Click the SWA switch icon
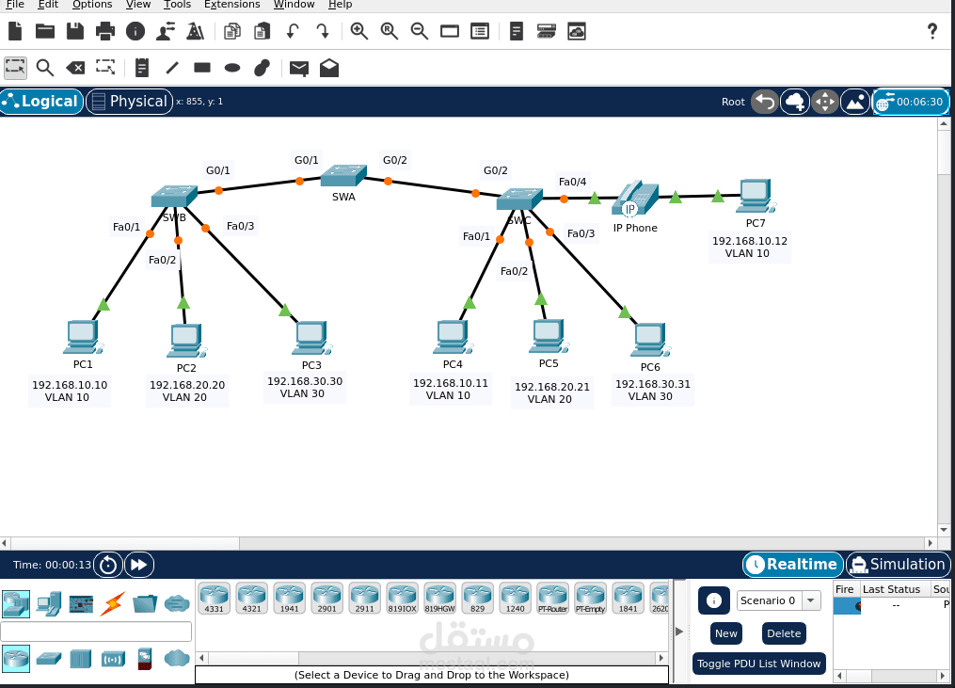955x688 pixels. [342, 176]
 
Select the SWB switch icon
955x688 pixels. [173, 196]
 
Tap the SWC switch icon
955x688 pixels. [519, 199]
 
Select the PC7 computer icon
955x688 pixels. [755, 196]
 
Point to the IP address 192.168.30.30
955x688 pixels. [305, 381]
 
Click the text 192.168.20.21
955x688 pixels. [551, 387]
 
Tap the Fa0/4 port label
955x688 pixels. [572, 182]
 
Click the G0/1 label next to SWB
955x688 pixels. [218, 170]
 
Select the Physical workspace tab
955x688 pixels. [129, 102]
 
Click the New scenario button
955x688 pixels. [725, 633]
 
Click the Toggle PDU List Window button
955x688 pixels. [759, 664]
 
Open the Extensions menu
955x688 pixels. [232, 5]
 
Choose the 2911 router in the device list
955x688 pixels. [364, 598]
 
